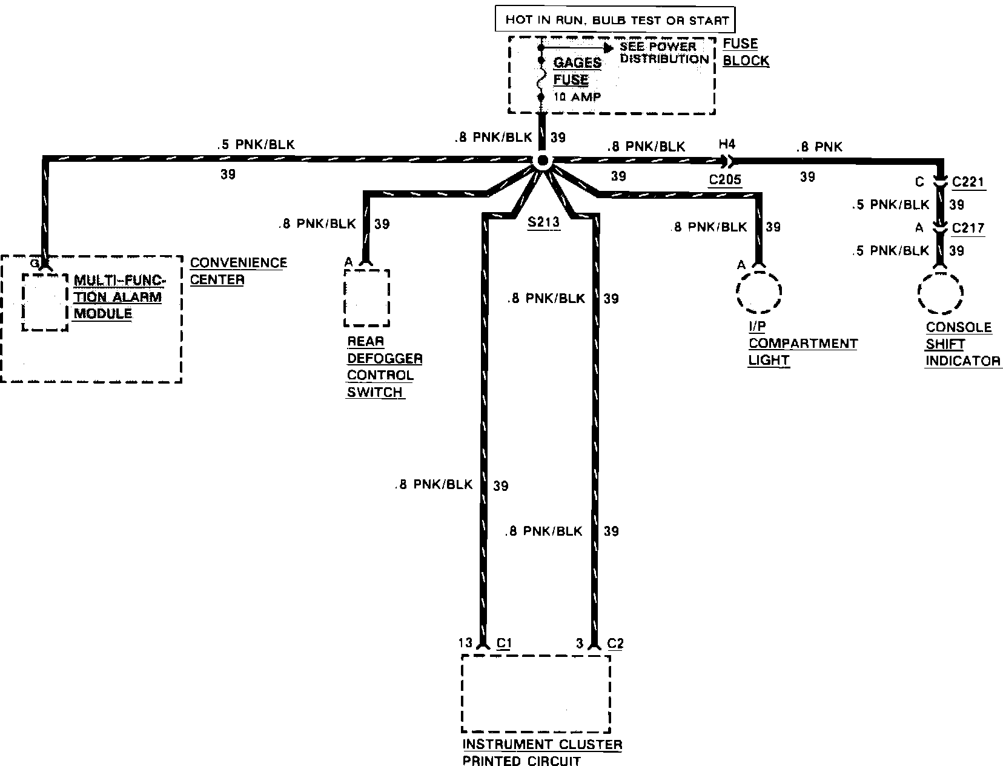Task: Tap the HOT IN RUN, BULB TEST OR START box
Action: tap(615, 19)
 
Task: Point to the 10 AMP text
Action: tap(577, 97)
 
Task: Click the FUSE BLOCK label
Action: tap(746, 52)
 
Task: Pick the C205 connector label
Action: tap(725, 180)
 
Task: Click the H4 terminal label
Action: tap(726, 145)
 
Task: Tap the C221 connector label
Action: tap(968, 182)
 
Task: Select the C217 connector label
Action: tap(968, 228)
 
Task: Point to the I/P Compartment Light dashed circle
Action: tap(759, 291)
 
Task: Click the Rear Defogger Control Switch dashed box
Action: tap(366, 298)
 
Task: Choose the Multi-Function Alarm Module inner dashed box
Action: tap(45, 302)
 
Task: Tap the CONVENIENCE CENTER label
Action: tap(238, 271)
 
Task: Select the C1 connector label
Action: tap(504, 643)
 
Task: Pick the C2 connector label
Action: tap(615, 643)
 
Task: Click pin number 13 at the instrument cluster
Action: tap(465, 643)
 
